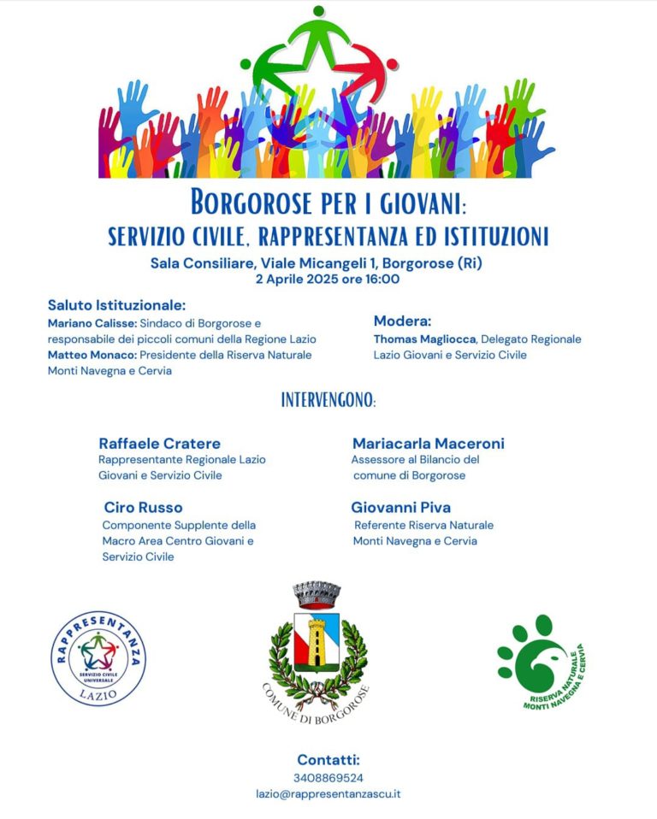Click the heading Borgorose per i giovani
pos(328,203)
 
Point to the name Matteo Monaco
pos(92,355)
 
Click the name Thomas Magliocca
pos(423,339)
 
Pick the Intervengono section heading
pos(328,399)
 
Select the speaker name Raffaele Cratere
pos(159,443)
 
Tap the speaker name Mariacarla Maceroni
pos(428,443)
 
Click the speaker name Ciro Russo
pos(143,508)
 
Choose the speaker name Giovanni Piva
pos(400,508)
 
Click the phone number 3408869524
pos(328,778)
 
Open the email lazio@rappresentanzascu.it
pos(328,793)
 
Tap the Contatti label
pos(328,760)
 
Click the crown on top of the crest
pos(317,593)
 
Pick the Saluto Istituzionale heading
pos(116,305)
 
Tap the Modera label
pos(402,321)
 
